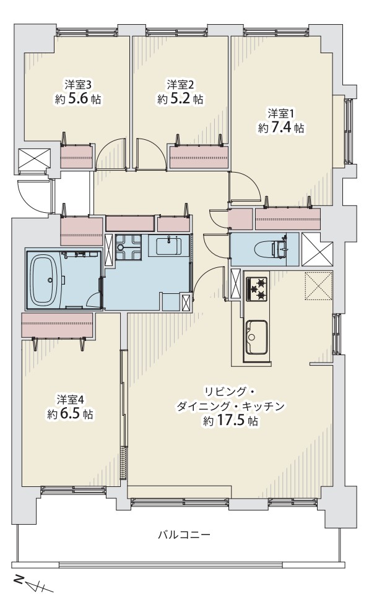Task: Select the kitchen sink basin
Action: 256,336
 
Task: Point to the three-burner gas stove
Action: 256,289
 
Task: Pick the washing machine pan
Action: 128,247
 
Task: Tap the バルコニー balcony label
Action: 184,535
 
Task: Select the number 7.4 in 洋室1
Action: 281,128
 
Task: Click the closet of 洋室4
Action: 58,325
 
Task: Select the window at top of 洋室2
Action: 176,32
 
